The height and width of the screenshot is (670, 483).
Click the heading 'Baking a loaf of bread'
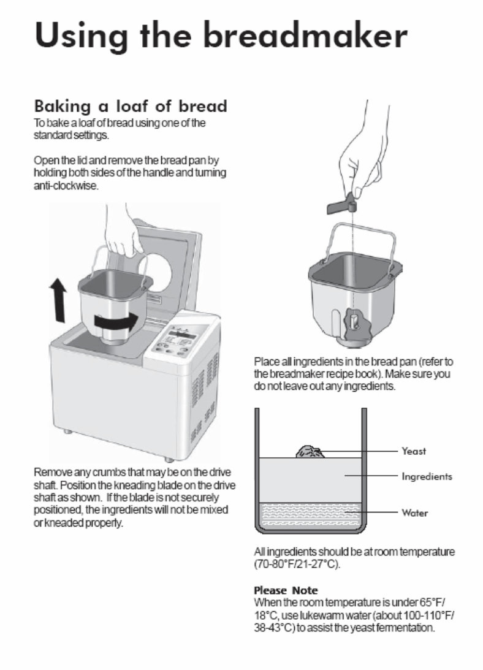coord(130,106)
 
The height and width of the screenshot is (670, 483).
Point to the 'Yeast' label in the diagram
coord(414,451)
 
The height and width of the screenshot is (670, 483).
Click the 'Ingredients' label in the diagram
coord(427,476)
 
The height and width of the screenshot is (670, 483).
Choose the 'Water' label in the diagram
coord(415,513)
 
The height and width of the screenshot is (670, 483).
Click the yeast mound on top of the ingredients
coord(310,452)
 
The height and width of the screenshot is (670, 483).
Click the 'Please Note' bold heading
coord(286,590)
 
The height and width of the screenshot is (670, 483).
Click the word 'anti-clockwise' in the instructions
coord(66,186)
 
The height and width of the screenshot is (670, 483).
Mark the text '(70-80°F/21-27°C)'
coord(297,563)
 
